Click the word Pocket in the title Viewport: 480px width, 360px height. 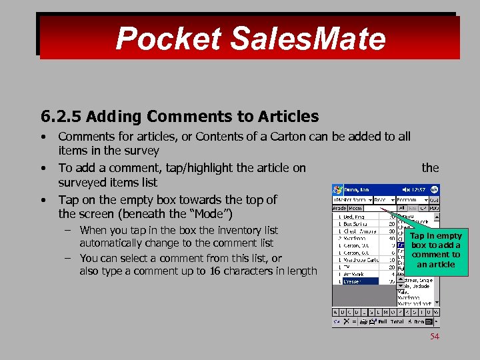(x=167, y=38)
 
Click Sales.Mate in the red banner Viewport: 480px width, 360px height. (x=307, y=38)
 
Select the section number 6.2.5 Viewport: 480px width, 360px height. (x=61, y=117)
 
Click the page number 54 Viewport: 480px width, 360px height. (x=434, y=337)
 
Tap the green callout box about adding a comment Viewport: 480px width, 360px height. (x=435, y=249)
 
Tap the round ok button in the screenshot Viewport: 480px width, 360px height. (x=434, y=189)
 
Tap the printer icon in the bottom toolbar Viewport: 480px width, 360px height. (x=363, y=321)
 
